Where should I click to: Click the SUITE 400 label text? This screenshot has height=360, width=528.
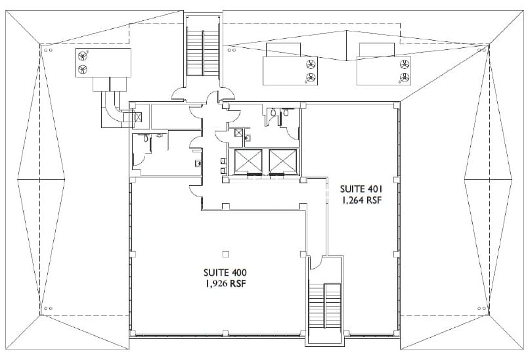tap(225, 271)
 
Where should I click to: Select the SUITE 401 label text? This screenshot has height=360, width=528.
tap(360, 189)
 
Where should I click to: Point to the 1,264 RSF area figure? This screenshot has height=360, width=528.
tap(360, 201)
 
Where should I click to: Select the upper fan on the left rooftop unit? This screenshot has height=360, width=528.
tap(83, 55)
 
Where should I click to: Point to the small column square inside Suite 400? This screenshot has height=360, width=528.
tap(225, 254)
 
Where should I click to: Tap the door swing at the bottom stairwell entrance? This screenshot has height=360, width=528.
tap(315, 264)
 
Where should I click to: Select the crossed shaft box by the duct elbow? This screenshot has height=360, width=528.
tap(137, 116)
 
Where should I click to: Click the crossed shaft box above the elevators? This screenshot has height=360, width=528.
tap(239, 133)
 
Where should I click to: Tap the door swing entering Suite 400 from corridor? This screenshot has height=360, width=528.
tap(195, 191)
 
